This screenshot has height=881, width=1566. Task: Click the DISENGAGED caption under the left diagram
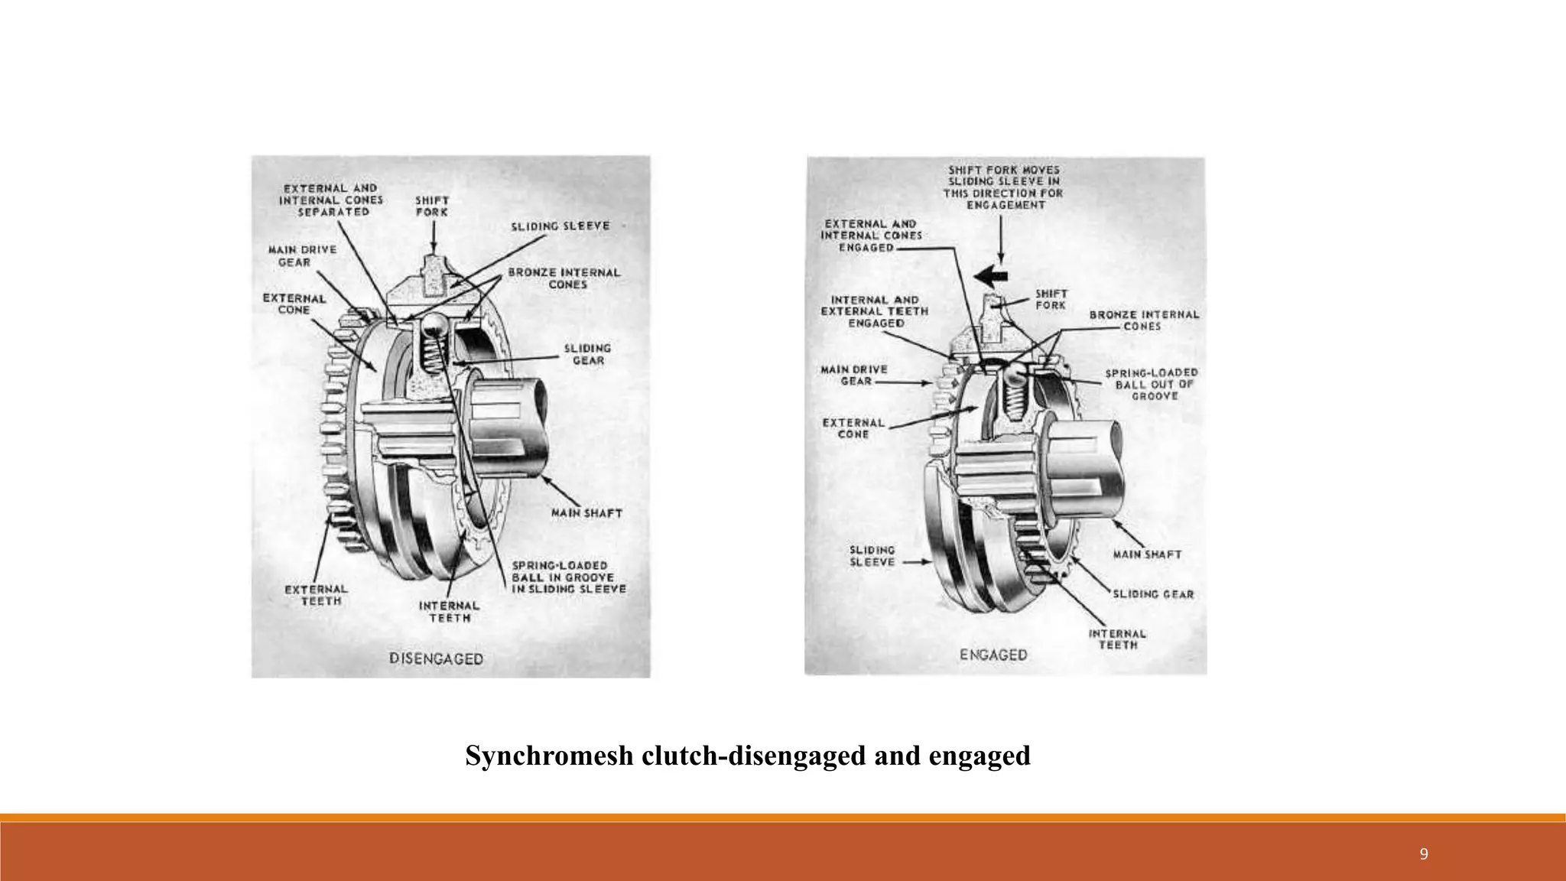coord(436,658)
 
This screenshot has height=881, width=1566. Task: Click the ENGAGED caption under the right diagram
coord(993,655)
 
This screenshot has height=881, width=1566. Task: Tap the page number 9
coord(1423,855)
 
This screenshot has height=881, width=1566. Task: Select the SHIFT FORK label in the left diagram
coord(431,206)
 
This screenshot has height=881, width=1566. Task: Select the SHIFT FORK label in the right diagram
coord(1051,300)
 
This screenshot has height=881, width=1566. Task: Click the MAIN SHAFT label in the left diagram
coord(586,513)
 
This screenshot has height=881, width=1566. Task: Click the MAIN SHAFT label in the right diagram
coord(1146,554)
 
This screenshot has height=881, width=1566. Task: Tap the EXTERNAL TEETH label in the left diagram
coord(316,595)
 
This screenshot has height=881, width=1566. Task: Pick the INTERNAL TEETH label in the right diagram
coord(1117,639)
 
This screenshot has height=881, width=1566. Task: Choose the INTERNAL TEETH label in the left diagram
coord(449,611)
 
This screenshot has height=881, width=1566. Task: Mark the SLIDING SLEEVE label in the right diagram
coord(872,556)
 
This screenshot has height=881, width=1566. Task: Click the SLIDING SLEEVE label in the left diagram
coord(560,226)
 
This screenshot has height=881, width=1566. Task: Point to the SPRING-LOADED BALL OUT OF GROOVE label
coord(1152,385)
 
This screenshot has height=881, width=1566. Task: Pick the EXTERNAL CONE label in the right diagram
coord(853,428)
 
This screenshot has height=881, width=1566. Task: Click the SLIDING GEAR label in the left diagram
coord(587,354)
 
